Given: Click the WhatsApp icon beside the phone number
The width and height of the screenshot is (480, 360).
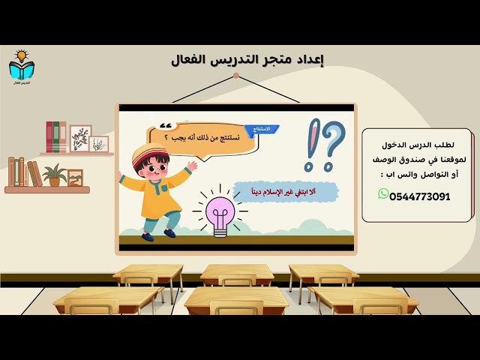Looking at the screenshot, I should (x=383, y=194).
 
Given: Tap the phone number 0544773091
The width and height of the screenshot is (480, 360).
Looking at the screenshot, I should (x=420, y=196).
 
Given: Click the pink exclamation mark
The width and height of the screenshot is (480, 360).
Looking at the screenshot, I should (x=310, y=145).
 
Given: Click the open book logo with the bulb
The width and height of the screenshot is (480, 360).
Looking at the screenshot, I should (x=22, y=67).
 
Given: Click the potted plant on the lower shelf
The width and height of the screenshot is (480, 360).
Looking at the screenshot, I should (x=54, y=175).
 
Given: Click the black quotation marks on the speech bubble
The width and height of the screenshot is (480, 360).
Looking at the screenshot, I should (x=166, y=126).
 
